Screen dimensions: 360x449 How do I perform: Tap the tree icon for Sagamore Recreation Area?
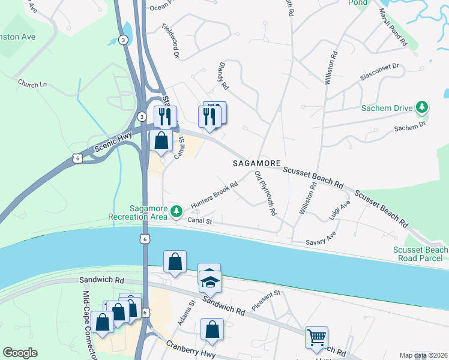click(176, 211)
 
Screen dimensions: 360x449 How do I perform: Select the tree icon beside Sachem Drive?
click(423, 108)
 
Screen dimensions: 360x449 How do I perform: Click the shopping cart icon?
click(316, 337)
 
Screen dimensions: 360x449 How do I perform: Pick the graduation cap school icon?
click(210, 281)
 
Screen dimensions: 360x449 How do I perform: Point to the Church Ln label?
click(32, 84)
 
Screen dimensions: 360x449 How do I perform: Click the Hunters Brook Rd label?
click(214, 196)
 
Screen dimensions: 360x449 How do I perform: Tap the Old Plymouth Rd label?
click(265, 194)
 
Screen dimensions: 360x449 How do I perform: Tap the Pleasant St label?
click(267, 300)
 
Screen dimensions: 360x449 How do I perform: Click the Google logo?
click(20, 353)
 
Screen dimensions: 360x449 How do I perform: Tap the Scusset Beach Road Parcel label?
click(420, 254)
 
